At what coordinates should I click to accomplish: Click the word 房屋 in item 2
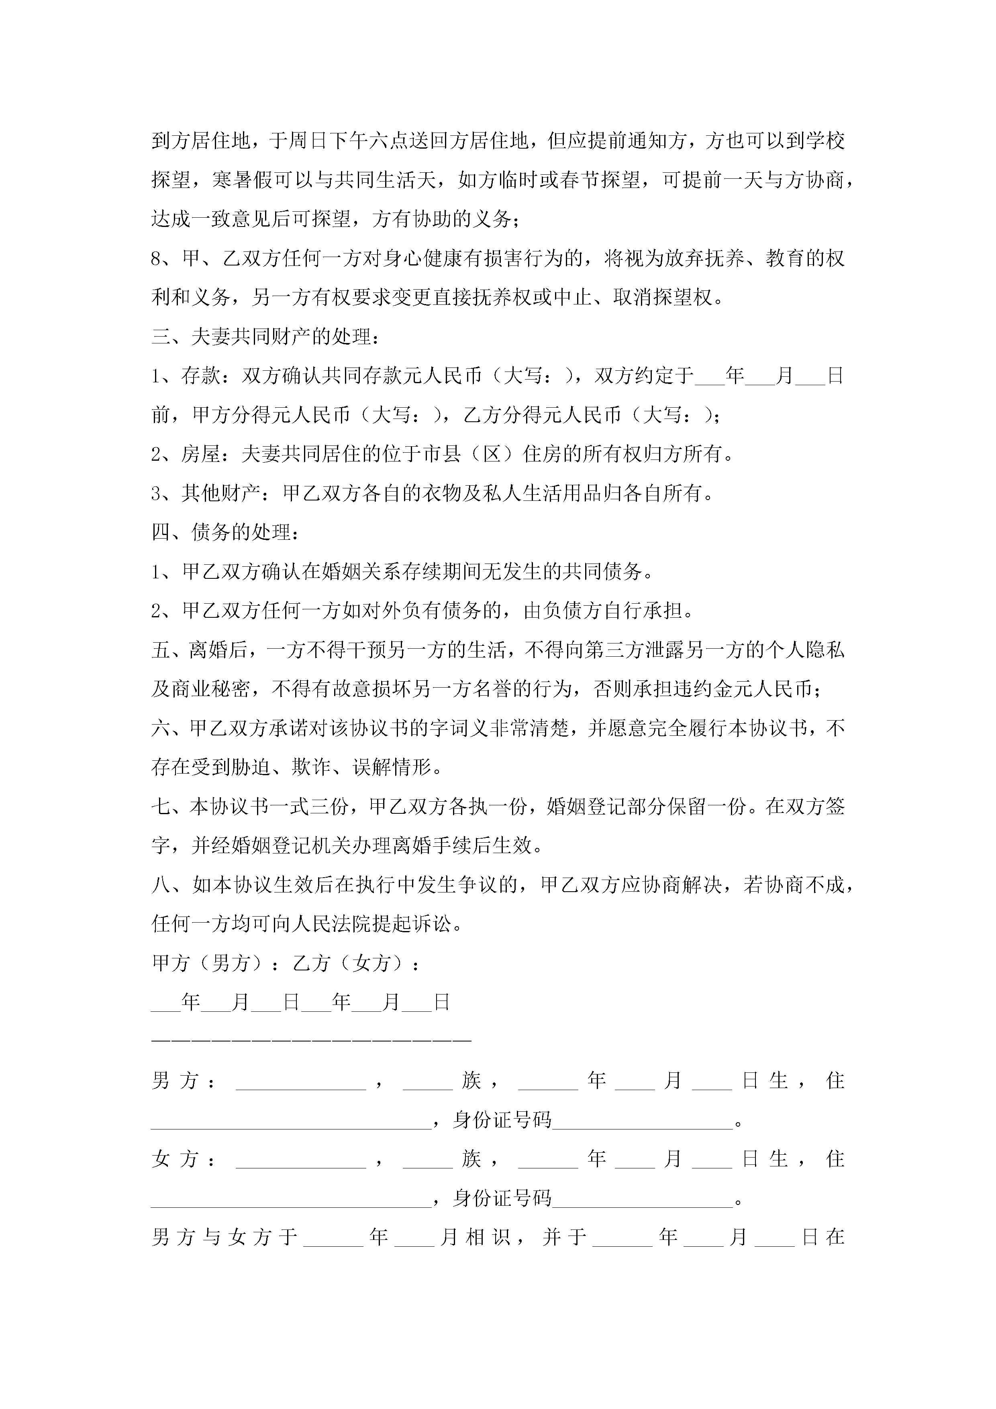coord(201,454)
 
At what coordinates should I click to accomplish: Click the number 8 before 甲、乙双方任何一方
coord(157,258)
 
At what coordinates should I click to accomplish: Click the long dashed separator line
coord(311,1041)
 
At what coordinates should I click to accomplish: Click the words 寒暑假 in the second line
coord(242,180)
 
